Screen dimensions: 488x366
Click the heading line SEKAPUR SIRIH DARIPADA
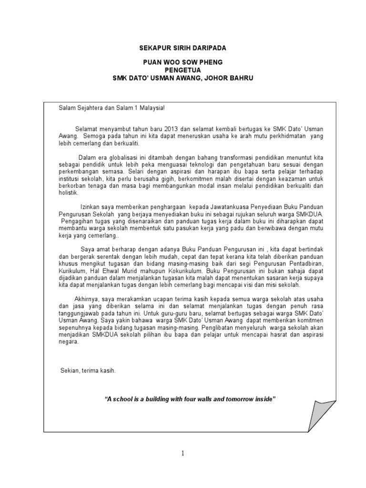[183, 49]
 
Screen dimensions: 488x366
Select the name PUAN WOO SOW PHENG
[183, 63]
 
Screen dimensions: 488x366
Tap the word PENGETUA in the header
[183, 70]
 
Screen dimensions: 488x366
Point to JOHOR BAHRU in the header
[230, 78]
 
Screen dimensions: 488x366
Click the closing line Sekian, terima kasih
[88, 370]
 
